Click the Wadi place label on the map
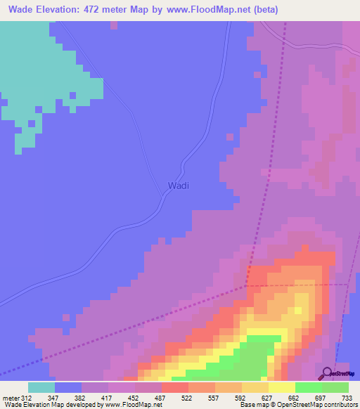pos(179,186)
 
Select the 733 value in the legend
pos(347,397)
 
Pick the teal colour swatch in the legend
pos(41,387)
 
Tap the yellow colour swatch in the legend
pos(282,387)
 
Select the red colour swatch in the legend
pos(174,387)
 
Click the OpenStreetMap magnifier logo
pos(327,372)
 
